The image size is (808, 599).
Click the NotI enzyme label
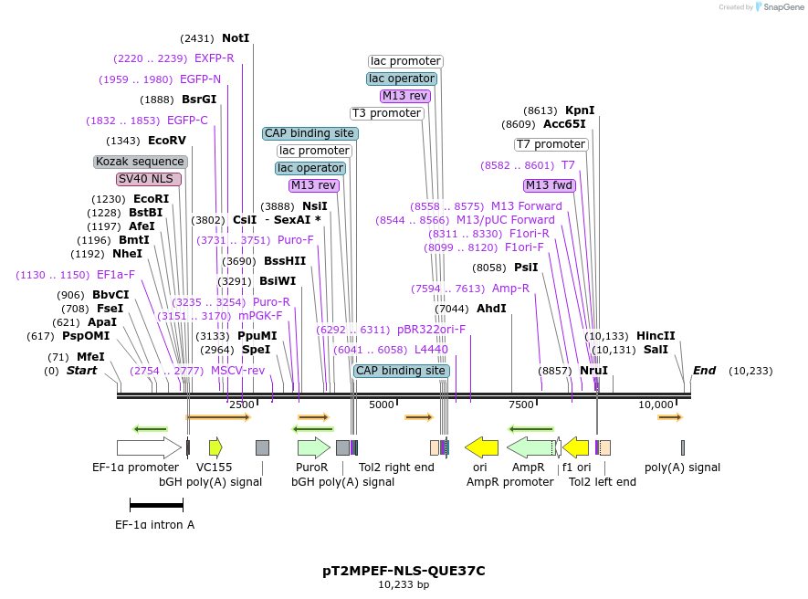click(235, 38)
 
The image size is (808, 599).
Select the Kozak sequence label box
click(141, 162)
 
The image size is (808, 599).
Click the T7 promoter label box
click(551, 144)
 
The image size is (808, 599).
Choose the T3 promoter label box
click(387, 113)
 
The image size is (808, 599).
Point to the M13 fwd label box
click(550, 185)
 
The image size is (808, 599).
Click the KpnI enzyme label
click(580, 110)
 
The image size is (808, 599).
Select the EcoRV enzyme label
click(166, 141)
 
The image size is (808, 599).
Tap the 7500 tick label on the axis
click(520, 405)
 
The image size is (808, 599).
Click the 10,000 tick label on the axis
click(656, 405)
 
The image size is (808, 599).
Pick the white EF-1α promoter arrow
click(148, 447)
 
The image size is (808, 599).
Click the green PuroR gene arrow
click(313, 447)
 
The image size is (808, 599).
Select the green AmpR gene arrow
click(530, 447)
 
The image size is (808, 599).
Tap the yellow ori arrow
click(481, 447)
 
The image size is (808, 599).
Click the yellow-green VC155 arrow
click(215, 447)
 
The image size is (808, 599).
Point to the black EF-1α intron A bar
click(156, 504)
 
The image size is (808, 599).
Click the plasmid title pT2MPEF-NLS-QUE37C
click(404, 571)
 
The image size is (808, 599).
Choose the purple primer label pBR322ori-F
click(431, 330)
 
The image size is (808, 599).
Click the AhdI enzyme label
click(491, 309)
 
